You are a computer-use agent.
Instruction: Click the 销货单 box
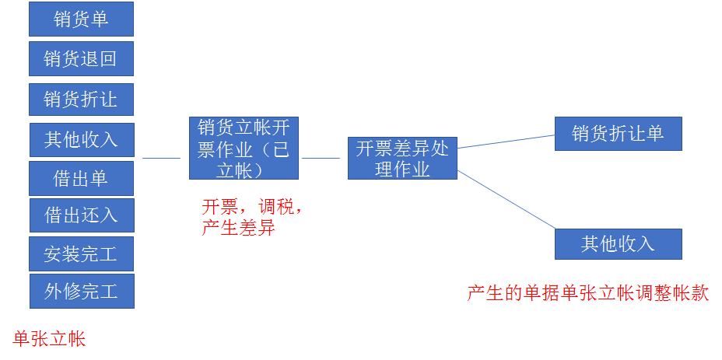tap(81, 19)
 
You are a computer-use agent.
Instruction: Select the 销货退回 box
tap(81, 59)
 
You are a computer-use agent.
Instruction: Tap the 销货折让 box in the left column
tap(81, 100)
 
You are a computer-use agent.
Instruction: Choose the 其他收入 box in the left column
tap(81, 139)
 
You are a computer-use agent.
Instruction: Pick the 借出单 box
tap(81, 178)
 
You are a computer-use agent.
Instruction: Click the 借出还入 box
tap(81, 215)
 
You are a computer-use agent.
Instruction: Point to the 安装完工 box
tap(81, 253)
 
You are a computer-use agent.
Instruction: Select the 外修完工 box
tap(81, 291)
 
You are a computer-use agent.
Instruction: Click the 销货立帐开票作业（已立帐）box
tap(244, 149)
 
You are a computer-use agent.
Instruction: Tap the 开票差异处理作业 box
tap(402, 159)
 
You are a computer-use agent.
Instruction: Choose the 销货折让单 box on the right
tap(618, 134)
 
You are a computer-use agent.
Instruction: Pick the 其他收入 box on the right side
tap(618, 244)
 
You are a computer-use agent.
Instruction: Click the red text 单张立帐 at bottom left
tap(50, 338)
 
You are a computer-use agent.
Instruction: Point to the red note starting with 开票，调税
tap(252, 208)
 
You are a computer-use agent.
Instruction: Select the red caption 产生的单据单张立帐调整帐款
tap(587, 293)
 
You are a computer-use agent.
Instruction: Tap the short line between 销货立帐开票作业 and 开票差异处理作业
tap(321, 159)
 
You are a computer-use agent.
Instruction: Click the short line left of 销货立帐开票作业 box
tap(161, 159)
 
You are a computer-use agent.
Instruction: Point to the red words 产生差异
tap(238, 229)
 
